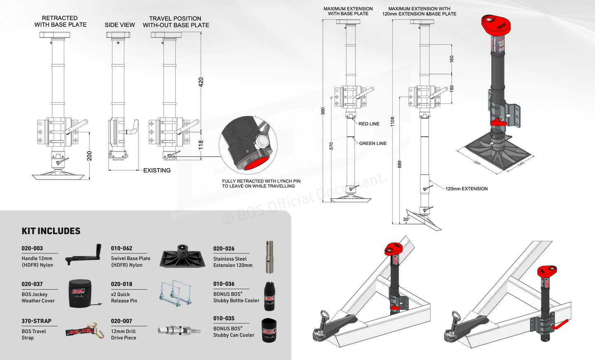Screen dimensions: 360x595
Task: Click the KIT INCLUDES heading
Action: point(51,231)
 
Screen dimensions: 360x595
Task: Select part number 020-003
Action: point(32,248)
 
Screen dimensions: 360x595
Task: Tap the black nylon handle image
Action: point(82,254)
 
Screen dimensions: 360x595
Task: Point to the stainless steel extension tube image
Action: point(270,257)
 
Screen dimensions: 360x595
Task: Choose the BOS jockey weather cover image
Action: point(80,294)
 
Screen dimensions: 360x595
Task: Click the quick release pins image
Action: point(175,293)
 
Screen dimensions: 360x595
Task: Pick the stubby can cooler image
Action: point(269,330)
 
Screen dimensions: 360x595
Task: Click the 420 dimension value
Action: point(201,82)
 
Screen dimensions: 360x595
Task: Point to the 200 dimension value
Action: point(89,156)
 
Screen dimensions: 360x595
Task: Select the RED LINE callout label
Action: point(369,124)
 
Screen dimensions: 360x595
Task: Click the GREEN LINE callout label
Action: point(373,143)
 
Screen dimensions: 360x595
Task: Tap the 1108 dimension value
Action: point(392,121)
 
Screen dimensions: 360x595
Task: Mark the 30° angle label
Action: point(406,220)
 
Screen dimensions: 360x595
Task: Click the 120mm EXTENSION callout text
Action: point(467,189)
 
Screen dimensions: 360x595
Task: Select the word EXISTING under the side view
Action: point(157,171)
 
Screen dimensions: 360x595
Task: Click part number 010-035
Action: point(224,318)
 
